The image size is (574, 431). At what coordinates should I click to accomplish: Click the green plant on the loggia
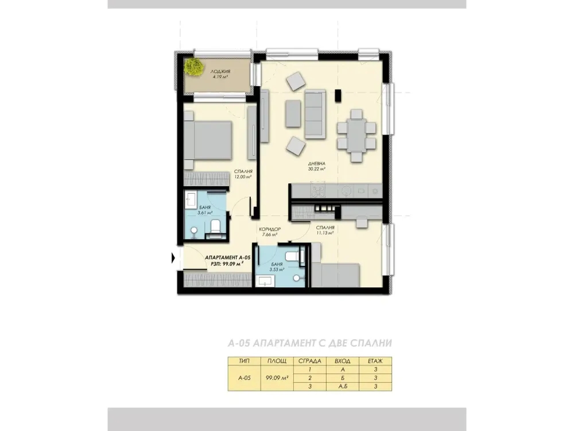tap(193, 67)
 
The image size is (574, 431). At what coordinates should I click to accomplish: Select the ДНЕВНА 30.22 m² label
tap(317, 167)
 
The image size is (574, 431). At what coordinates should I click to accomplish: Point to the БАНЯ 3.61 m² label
tap(205, 210)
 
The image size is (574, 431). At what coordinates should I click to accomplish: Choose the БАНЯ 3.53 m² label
tap(277, 267)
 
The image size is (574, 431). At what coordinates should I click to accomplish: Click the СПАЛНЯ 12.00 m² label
tap(243, 174)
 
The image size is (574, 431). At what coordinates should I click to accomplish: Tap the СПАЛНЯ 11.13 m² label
tap(325, 230)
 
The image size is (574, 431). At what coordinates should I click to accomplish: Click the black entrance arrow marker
tap(174, 258)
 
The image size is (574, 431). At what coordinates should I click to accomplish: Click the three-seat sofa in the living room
tap(315, 114)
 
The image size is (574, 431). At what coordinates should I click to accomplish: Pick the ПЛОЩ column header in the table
tap(277, 361)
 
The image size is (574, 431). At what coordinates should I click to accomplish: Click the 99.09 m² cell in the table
tap(277, 378)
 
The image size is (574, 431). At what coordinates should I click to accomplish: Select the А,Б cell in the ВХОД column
tap(342, 387)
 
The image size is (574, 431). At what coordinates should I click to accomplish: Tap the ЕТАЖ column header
tap(375, 361)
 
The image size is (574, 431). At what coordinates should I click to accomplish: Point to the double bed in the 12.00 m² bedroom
tap(208, 141)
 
